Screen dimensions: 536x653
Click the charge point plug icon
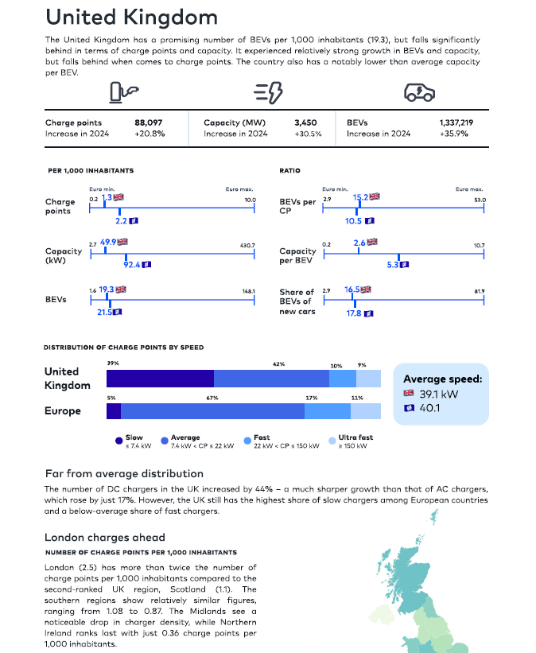(x=124, y=92)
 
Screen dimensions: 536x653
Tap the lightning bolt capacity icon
(x=268, y=92)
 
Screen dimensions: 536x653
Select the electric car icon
(x=419, y=92)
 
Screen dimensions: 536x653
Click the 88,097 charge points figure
(x=148, y=122)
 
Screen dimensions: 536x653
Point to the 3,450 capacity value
(x=305, y=122)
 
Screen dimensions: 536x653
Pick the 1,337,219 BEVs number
(x=456, y=122)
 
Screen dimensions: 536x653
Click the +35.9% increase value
(x=454, y=134)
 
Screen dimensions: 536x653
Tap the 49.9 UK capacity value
(x=108, y=242)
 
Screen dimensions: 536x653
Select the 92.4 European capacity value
(x=132, y=265)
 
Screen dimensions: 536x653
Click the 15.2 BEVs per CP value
(x=360, y=197)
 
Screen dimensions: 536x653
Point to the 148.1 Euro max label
(x=249, y=292)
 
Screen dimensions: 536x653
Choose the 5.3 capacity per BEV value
(x=393, y=265)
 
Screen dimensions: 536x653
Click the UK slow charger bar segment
(x=161, y=379)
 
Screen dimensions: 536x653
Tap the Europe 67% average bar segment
(x=212, y=411)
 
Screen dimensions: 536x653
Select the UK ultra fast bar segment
(x=368, y=379)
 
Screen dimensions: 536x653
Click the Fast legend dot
(x=247, y=441)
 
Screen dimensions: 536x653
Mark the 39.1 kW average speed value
(x=438, y=395)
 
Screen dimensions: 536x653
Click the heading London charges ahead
(x=105, y=538)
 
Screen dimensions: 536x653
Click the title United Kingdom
(x=131, y=17)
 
